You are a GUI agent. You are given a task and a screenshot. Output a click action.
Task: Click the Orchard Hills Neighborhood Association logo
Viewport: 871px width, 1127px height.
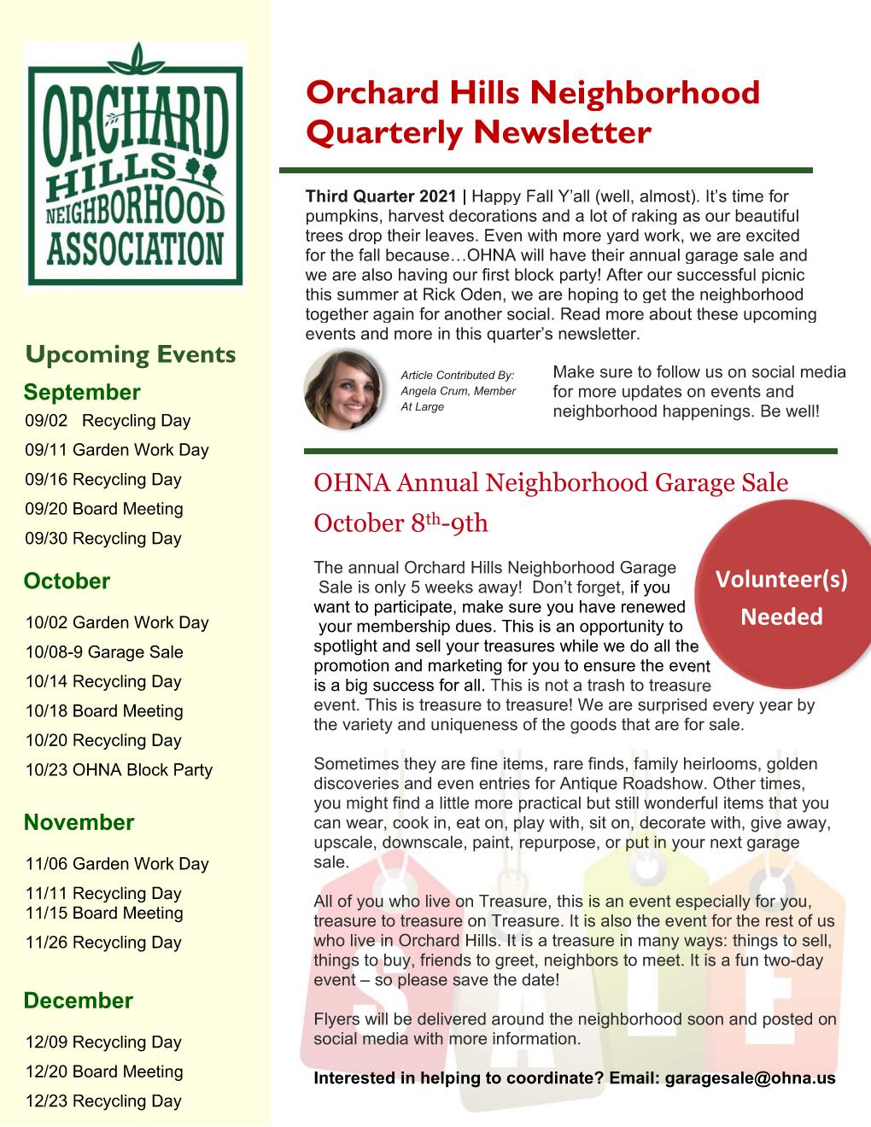[x=134, y=165]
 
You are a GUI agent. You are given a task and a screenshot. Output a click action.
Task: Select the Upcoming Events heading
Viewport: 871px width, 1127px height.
[x=131, y=354]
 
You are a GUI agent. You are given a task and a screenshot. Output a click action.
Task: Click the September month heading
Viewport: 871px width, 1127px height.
[x=82, y=392]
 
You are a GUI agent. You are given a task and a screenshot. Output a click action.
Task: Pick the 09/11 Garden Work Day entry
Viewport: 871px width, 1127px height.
[x=117, y=450]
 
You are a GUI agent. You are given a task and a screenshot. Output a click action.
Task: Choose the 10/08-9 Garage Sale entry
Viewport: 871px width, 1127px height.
[x=104, y=652]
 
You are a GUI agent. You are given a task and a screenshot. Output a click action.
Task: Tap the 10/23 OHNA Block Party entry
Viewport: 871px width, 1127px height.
[x=119, y=770]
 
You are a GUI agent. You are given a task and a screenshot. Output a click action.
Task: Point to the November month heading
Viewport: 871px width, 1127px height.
[x=79, y=823]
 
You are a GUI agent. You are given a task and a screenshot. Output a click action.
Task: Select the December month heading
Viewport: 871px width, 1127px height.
[x=79, y=1001]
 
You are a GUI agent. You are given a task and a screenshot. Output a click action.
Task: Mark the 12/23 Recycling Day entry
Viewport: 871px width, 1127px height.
[x=103, y=1101]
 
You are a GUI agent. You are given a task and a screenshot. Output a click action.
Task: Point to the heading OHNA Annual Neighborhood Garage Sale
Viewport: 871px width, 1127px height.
[x=551, y=483]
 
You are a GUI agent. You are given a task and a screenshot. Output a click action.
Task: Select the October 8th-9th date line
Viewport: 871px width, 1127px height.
[x=401, y=523]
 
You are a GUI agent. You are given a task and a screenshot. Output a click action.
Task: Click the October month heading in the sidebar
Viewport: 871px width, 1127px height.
[x=67, y=581]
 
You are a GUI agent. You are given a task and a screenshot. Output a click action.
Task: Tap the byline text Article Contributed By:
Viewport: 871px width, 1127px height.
[x=459, y=375]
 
